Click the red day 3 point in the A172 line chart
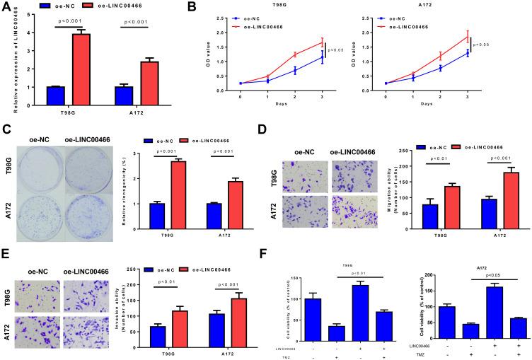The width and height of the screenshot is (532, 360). coord(506,37)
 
